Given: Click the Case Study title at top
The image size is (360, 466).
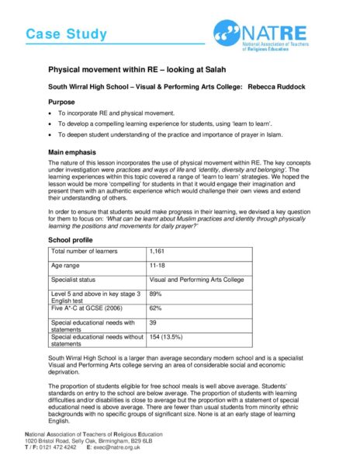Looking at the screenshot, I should click(x=63, y=33).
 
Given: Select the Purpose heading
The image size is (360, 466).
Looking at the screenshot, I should click(x=63, y=103).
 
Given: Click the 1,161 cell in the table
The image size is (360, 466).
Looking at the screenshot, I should click(x=157, y=252).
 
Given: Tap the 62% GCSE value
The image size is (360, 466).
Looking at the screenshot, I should click(x=155, y=308).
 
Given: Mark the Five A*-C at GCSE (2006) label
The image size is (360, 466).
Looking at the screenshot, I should click(x=88, y=308).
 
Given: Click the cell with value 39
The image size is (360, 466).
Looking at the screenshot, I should click(x=153, y=322).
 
